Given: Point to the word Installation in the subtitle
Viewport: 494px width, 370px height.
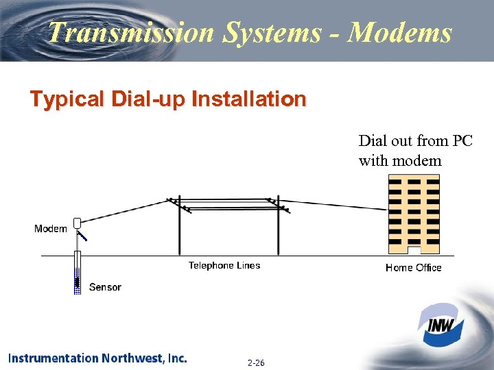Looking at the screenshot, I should pyautogui.click(x=248, y=100).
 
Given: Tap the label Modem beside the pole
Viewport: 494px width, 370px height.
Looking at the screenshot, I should pyautogui.click(x=50, y=229).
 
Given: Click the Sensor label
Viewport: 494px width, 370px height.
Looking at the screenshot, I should pyautogui.click(x=105, y=287).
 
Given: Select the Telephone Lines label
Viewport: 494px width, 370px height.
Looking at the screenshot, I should pyautogui.click(x=224, y=265).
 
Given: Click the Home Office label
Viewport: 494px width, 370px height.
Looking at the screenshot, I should pyautogui.click(x=413, y=268).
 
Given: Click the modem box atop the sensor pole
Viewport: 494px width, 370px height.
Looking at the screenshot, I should pyautogui.click(x=78, y=223).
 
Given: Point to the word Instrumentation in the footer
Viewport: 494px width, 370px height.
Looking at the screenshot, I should pyautogui.click(x=54, y=358).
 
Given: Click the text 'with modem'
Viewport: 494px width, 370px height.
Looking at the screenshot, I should pyautogui.click(x=400, y=161).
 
